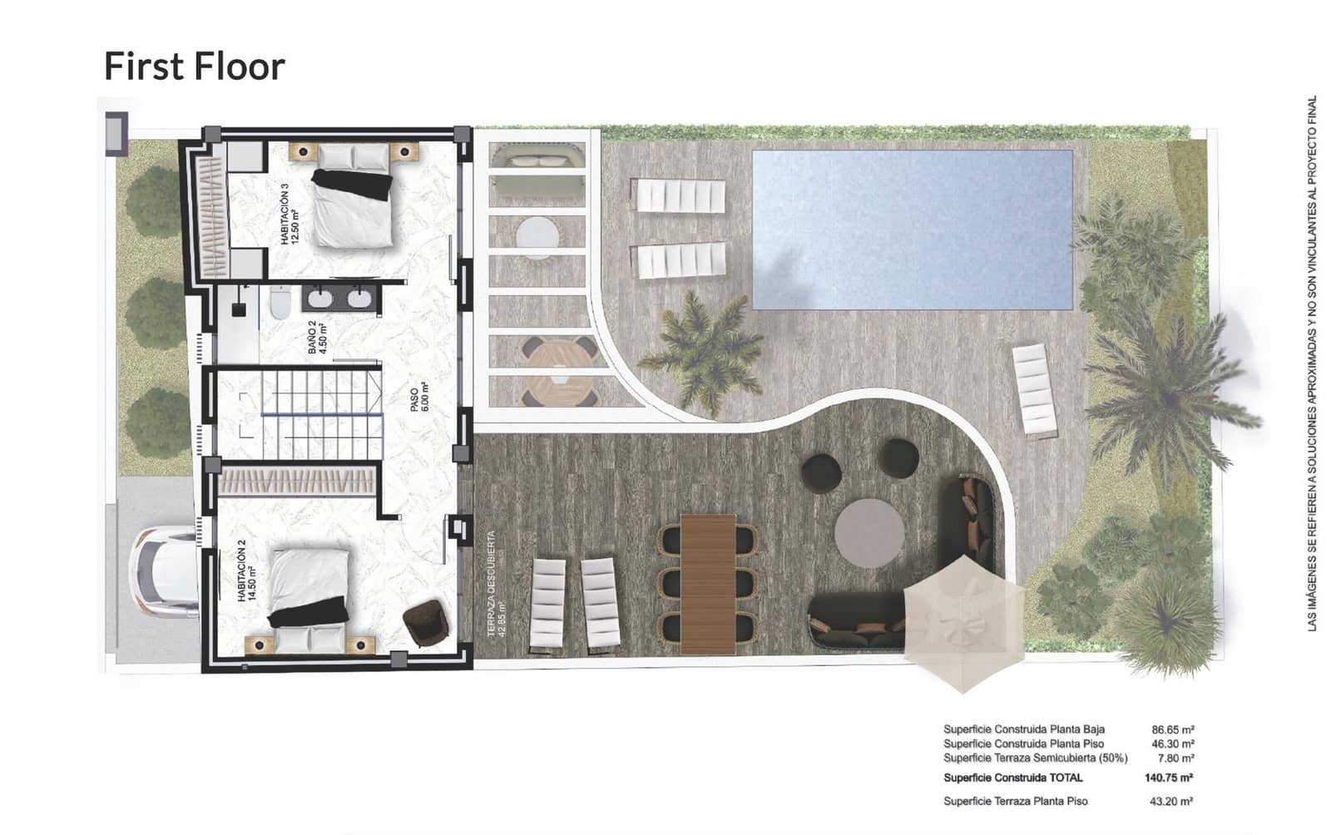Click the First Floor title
(x=194, y=67)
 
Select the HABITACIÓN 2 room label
(x=245, y=571)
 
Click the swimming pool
(x=913, y=229)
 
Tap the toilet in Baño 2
(x=280, y=304)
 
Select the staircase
(x=320, y=413)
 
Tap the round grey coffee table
(x=869, y=532)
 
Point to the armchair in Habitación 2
(x=425, y=621)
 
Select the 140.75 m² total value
(x=1168, y=778)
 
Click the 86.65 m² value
(x=1173, y=729)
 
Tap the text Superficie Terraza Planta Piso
(x=1015, y=802)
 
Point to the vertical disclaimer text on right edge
(x=1312, y=363)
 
